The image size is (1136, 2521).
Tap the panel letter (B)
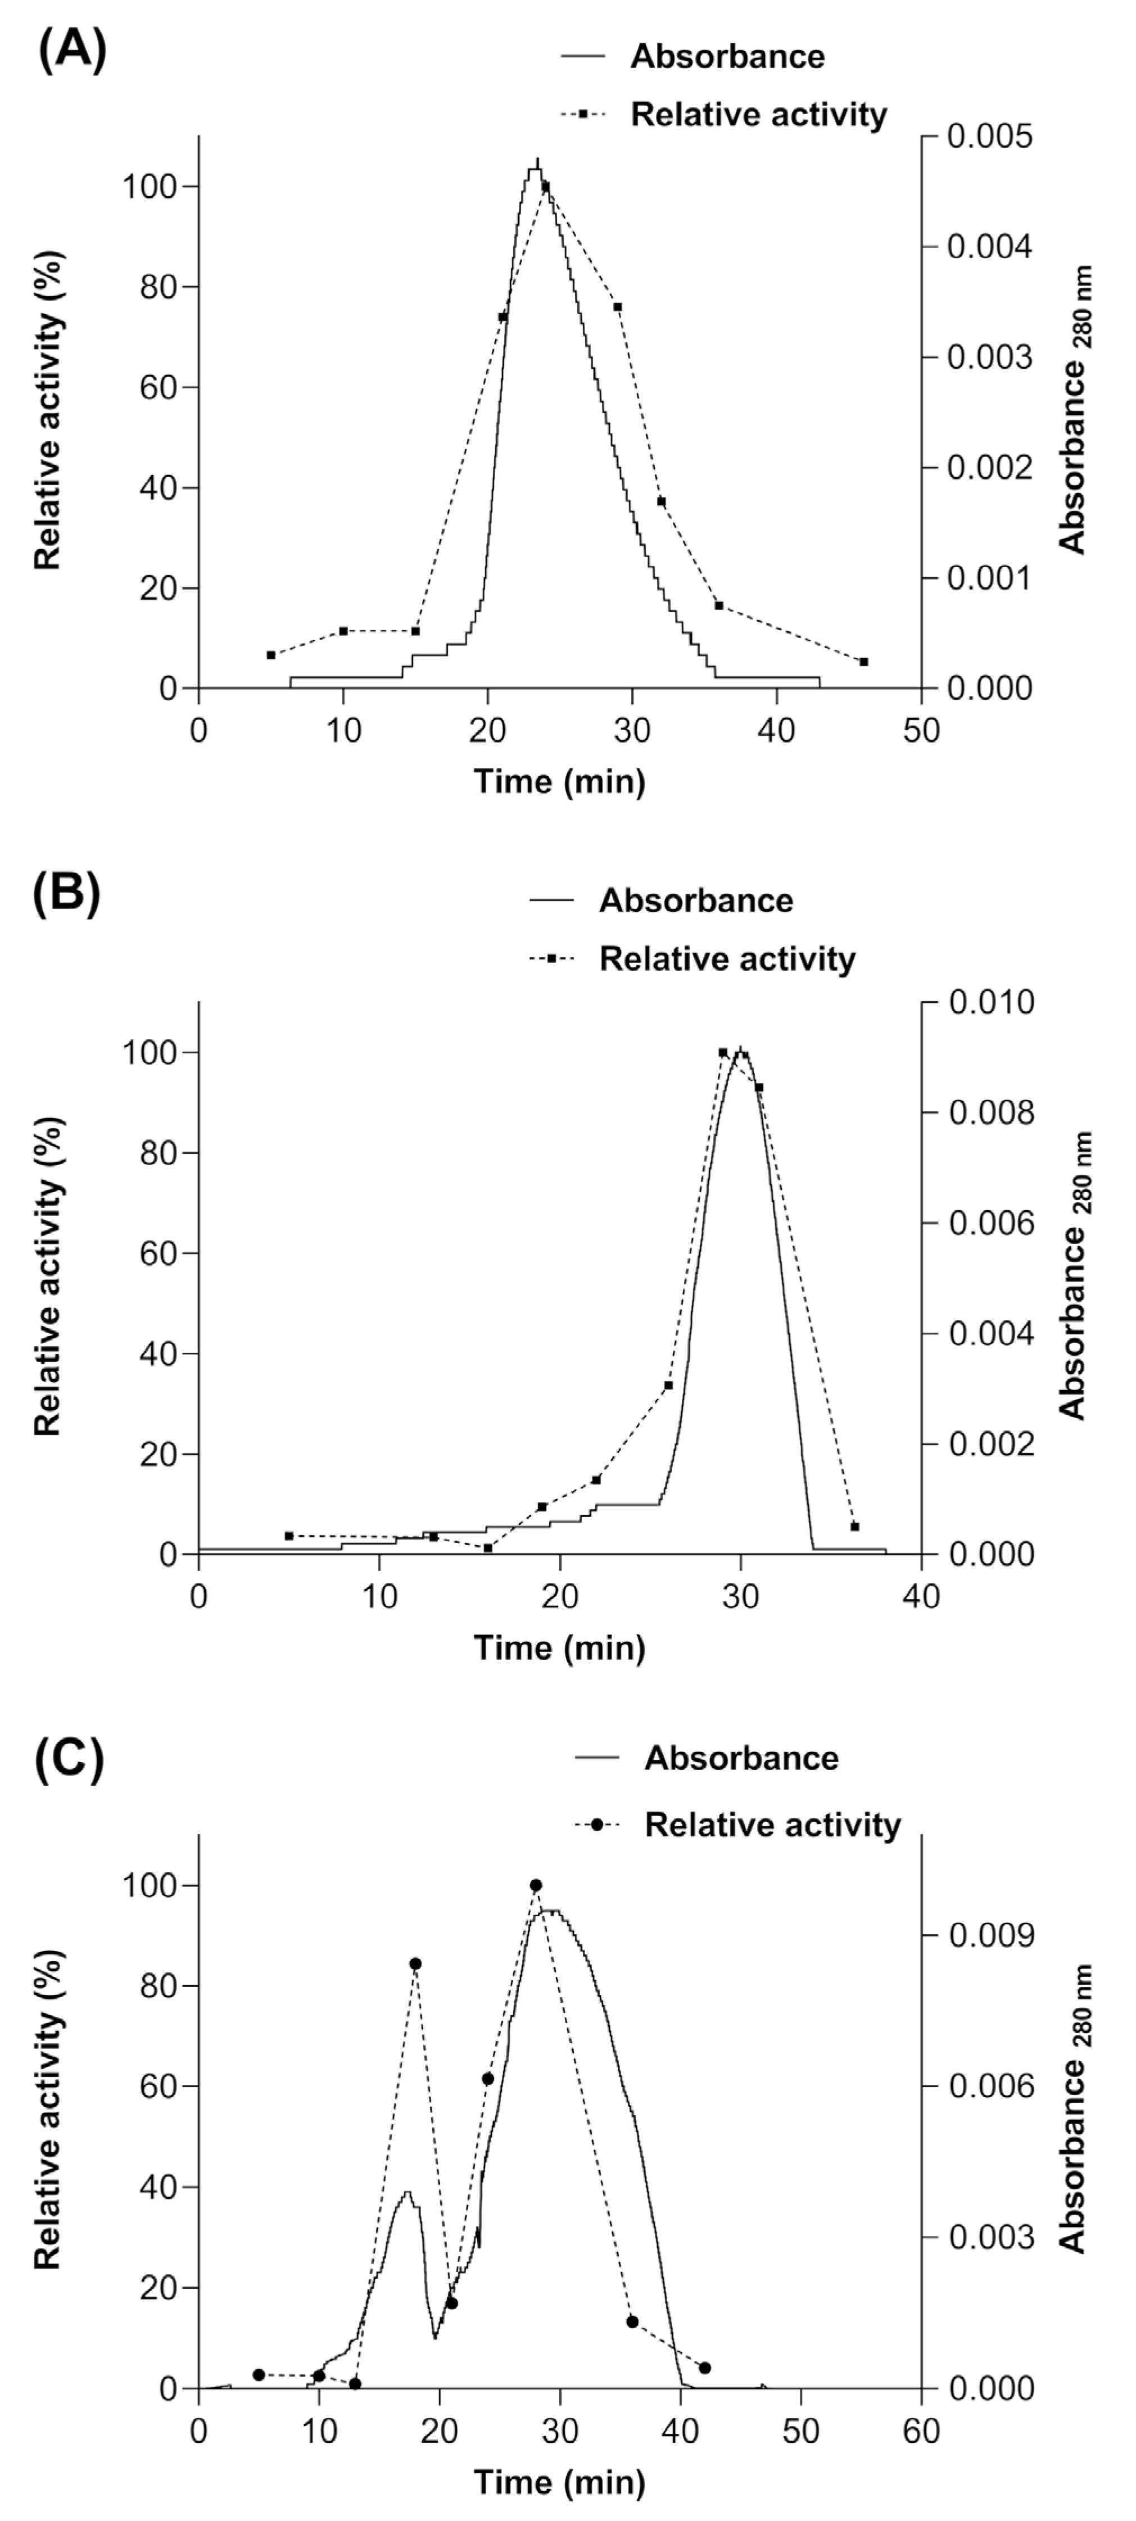click(66, 895)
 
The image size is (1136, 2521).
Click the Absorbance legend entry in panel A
click(726, 57)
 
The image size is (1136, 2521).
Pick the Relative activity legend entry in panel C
click(772, 1825)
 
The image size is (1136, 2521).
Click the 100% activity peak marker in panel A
click(546, 186)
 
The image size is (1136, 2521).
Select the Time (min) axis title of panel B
click(560, 1648)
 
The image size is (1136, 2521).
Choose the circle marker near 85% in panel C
click(415, 1964)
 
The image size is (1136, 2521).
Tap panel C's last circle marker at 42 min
click(704, 2368)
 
